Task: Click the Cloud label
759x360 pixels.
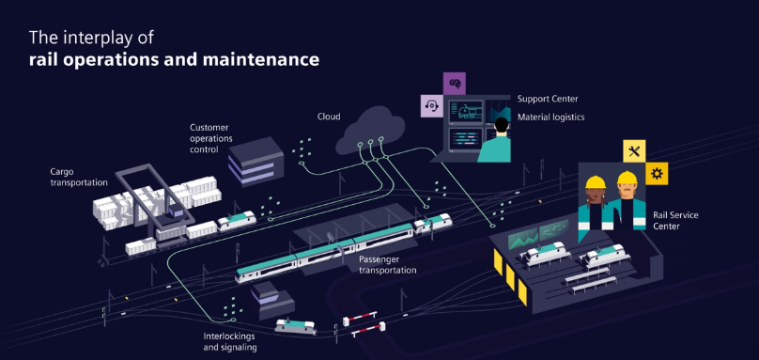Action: (329, 117)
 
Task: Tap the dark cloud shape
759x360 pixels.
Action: (370, 130)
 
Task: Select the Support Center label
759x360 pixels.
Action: (548, 99)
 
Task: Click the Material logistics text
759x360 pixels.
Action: (550, 117)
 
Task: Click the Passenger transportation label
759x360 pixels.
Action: (387, 264)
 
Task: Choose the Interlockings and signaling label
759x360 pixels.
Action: (229, 341)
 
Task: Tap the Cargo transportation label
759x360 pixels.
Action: (79, 177)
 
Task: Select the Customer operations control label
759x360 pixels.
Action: (211, 138)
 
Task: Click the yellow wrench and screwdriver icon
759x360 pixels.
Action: (634, 151)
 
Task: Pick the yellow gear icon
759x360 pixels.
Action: (657, 174)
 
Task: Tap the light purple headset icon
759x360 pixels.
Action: (432, 105)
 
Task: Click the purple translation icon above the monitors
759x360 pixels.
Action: (455, 84)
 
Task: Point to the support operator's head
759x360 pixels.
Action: (502, 126)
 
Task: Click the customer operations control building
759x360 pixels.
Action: (256, 161)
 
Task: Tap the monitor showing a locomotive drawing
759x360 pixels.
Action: (466, 112)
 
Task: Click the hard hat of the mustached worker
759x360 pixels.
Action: (627, 179)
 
